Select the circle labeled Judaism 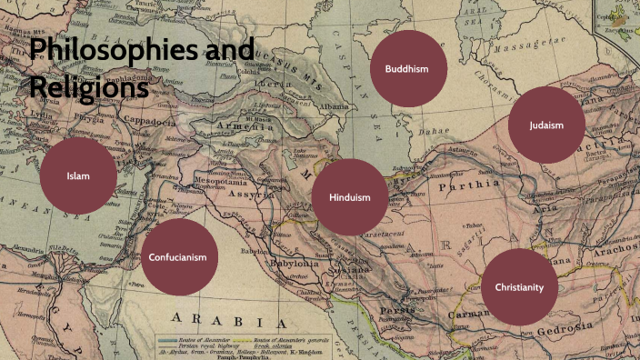click(x=548, y=125)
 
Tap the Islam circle click(x=78, y=175)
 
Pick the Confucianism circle click(x=185, y=256)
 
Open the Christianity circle click(x=519, y=287)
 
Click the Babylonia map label click(x=291, y=263)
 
